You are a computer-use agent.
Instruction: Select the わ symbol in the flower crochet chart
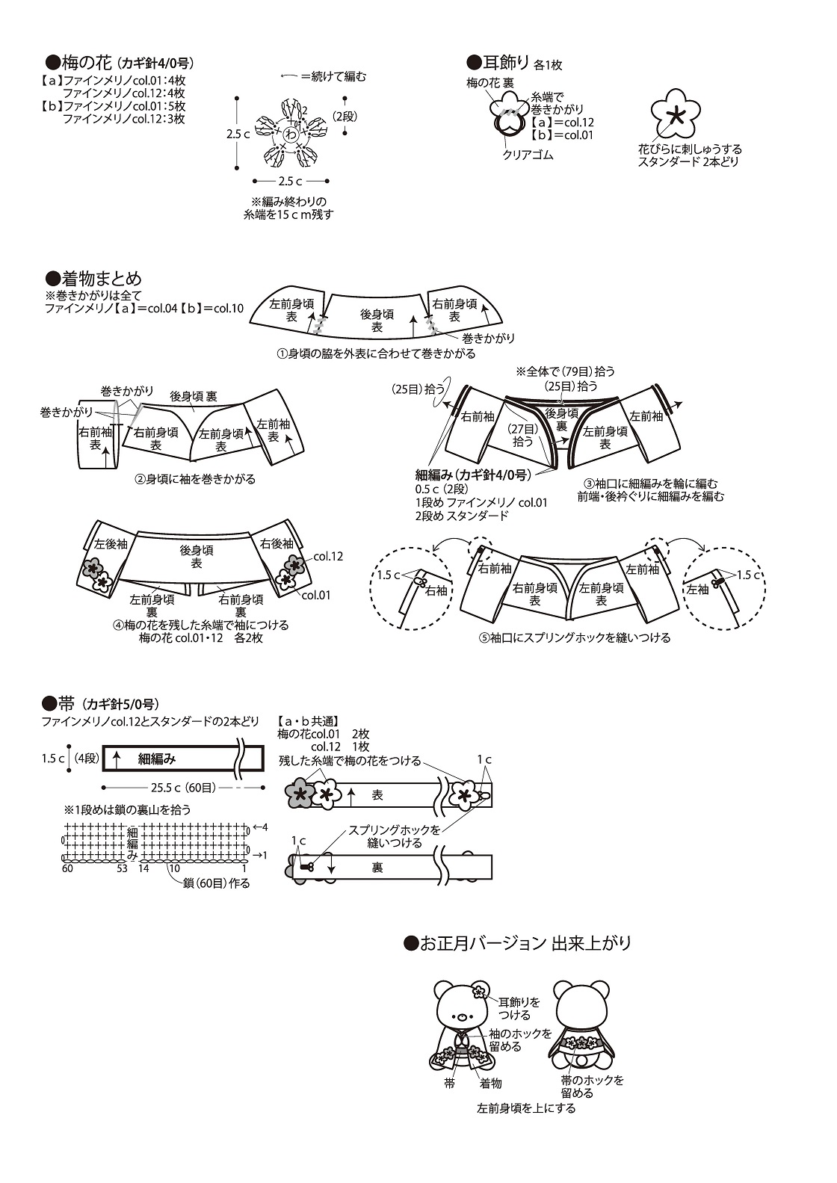290,134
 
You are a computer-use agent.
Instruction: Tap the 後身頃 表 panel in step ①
377,321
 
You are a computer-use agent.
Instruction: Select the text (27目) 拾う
522,435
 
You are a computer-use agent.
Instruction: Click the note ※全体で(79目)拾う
565,371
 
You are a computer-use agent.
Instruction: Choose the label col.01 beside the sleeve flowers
315,595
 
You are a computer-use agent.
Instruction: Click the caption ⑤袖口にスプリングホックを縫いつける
575,638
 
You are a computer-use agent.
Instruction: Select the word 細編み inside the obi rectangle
157,759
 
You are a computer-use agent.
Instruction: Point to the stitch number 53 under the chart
123,868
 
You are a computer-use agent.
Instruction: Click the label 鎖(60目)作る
217,883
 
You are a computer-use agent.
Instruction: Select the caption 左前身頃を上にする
526,1108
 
